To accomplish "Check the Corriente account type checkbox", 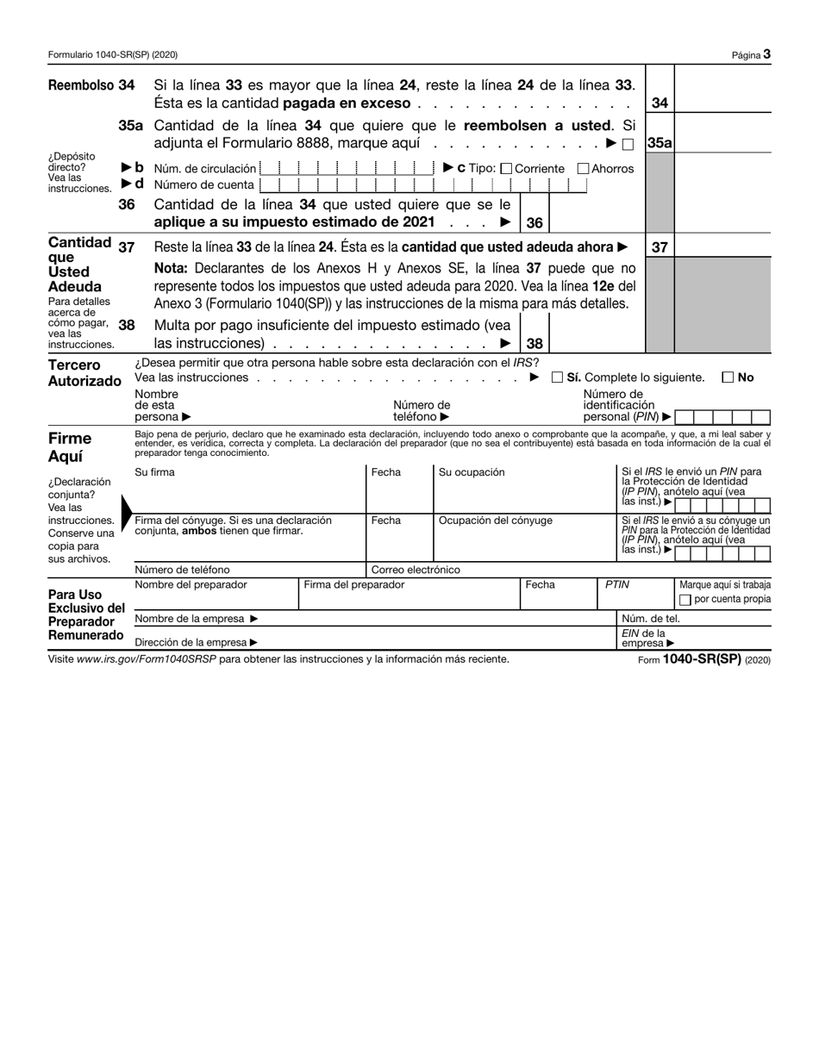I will coord(506,169).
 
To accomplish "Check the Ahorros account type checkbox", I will coord(583,169).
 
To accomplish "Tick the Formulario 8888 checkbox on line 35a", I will coord(628,145).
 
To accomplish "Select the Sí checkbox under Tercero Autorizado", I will coord(558,377).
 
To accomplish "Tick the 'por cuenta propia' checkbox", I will coord(685,600).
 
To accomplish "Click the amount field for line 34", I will coord(722,95).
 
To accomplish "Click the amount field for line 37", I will coord(722,246).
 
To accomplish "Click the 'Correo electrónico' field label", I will coord(416,570).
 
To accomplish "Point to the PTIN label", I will coord(616,584).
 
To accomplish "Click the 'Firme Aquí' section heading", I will coord(70,446).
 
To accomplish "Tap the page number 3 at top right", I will coord(766,54).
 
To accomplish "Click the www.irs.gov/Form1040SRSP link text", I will coord(145,659).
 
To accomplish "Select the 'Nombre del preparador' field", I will coord(216,595).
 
